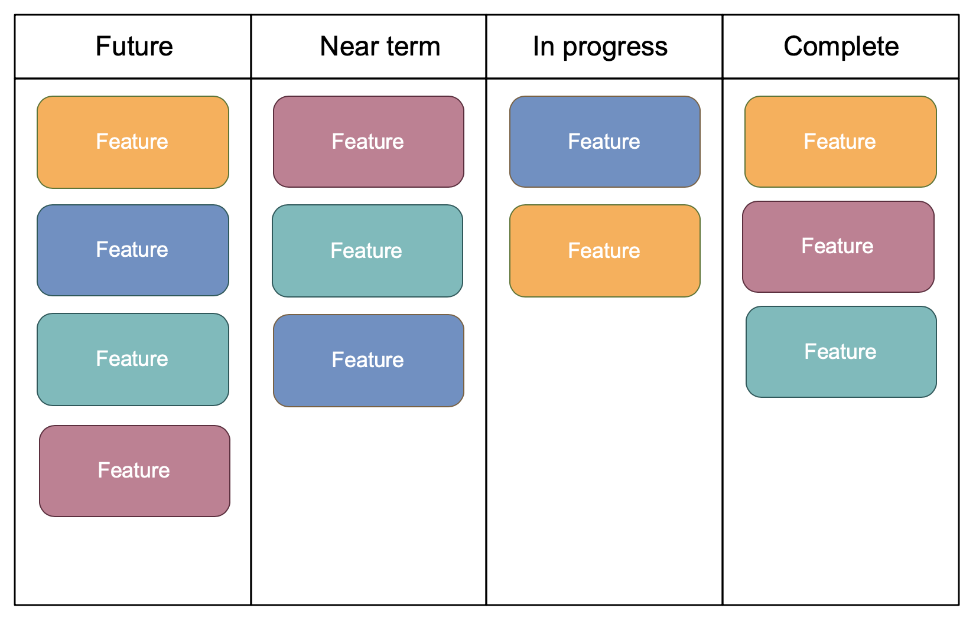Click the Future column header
pyautogui.click(x=134, y=47)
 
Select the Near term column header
pyautogui.click(x=379, y=47)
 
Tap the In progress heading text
pyautogui.click(x=600, y=47)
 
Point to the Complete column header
pyautogui.click(x=841, y=47)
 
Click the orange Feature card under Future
pyautogui.click(x=132, y=142)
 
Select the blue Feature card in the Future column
pyautogui.click(x=132, y=250)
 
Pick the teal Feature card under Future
pyautogui.click(x=132, y=359)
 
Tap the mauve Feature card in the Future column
pyautogui.click(x=134, y=471)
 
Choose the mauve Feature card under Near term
pyautogui.click(x=368, y=142)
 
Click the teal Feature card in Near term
pyautogui.click(x=367, y=251)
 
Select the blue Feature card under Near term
pyautogui.click(x=368, y=360)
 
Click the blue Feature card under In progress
pyautogui.click(x=604, y=142)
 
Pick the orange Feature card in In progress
pyautogui.click(x=604, y=251)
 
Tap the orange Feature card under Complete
pyautogui.click(x=840, y=142)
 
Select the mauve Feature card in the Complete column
pyautogui.click(x=838, y=247)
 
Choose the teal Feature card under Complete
pyautogui.click(x=841, y=352)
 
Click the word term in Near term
pyautogui.click(x=413, y=47)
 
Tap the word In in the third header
pyautogui.click(x=543, y=47)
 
